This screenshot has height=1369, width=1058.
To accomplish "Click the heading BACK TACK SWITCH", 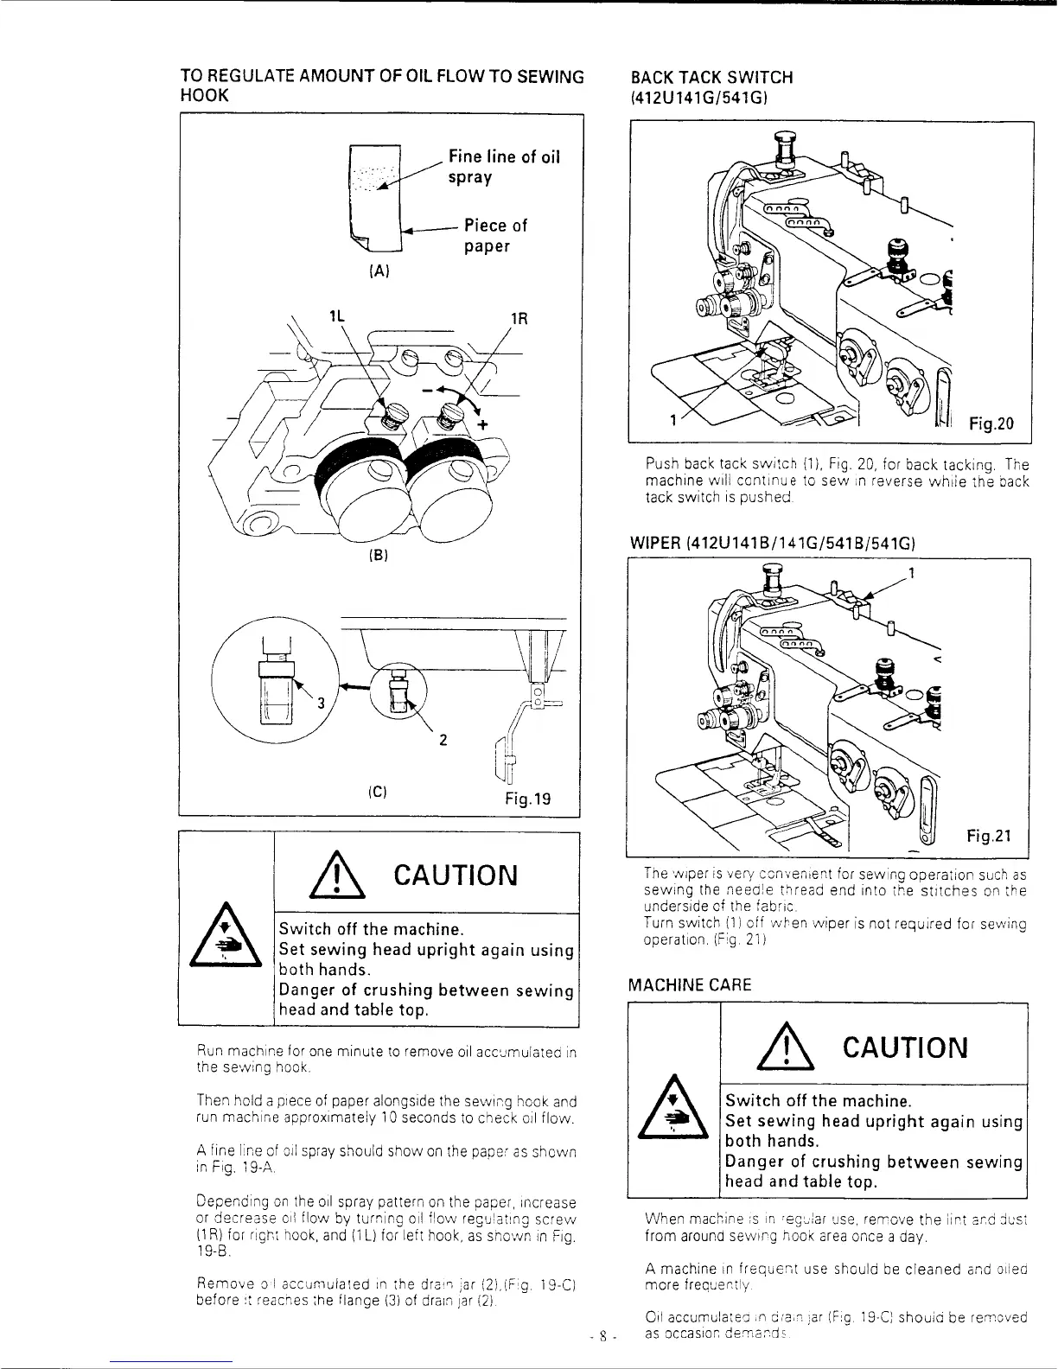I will (711, 77).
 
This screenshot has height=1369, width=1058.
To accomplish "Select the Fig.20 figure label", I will (990, 423).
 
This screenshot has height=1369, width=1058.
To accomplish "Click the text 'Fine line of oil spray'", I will (504, 167).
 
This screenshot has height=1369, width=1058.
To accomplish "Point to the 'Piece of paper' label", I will (495, 236).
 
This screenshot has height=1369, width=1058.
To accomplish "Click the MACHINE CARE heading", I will (690, 984).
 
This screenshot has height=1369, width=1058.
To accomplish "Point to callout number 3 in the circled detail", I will (321, 702).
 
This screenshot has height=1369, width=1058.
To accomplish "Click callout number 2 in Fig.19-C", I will (442, 740).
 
